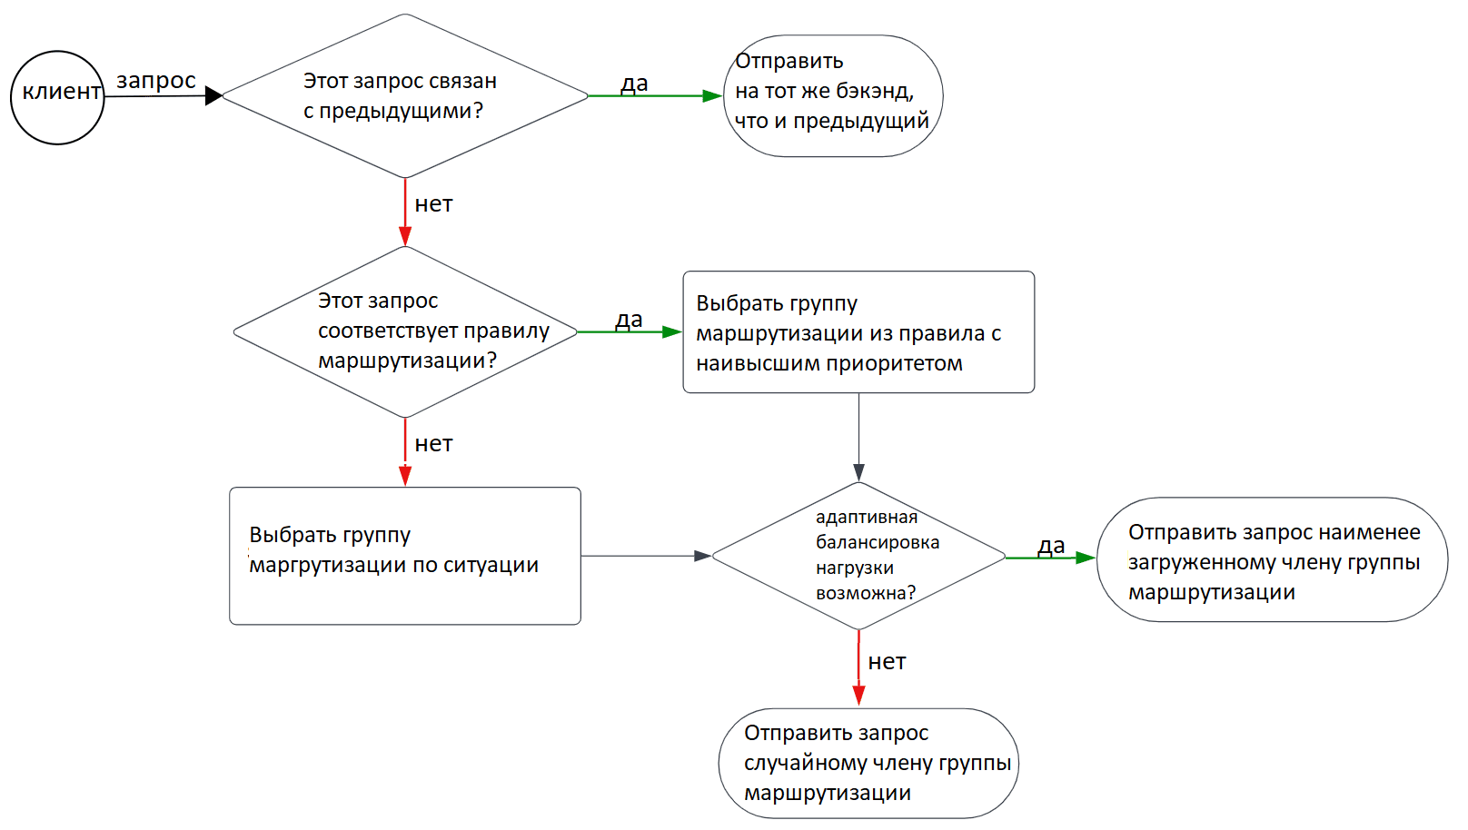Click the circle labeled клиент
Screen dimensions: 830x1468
click(x=57, y=97)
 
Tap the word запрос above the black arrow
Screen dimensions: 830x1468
click(x=156, y=81)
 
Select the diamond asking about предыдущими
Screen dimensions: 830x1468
click(x=405, y=95)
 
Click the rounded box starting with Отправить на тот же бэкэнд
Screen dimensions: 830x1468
click(x=832, y=95)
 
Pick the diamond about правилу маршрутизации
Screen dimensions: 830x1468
click(x=405, y=331)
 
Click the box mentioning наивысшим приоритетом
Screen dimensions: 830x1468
click(x=858, y=332)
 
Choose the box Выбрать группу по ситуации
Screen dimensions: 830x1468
click(x=405, y=556)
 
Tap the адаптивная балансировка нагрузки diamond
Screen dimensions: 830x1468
click(x=858, y=556)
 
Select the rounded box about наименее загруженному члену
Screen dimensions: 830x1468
click(x=1272, y=559)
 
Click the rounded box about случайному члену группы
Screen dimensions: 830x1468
click(x=868, y=763)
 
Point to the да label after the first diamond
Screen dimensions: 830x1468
click(x=634, y=84)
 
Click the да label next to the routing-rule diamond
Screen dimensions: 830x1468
click(x=629, y=320)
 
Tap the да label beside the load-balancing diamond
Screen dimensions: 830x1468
click(x=1051, y=546)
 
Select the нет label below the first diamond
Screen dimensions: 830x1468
click(x=433, y=204)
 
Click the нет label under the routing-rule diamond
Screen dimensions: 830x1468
click(x=433, y=444)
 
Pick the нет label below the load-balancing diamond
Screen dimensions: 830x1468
click(x=887, y=662)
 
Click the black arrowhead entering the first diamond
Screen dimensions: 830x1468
click(x=213, y=95)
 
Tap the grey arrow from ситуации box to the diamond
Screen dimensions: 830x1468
click(x=645, y=556)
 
